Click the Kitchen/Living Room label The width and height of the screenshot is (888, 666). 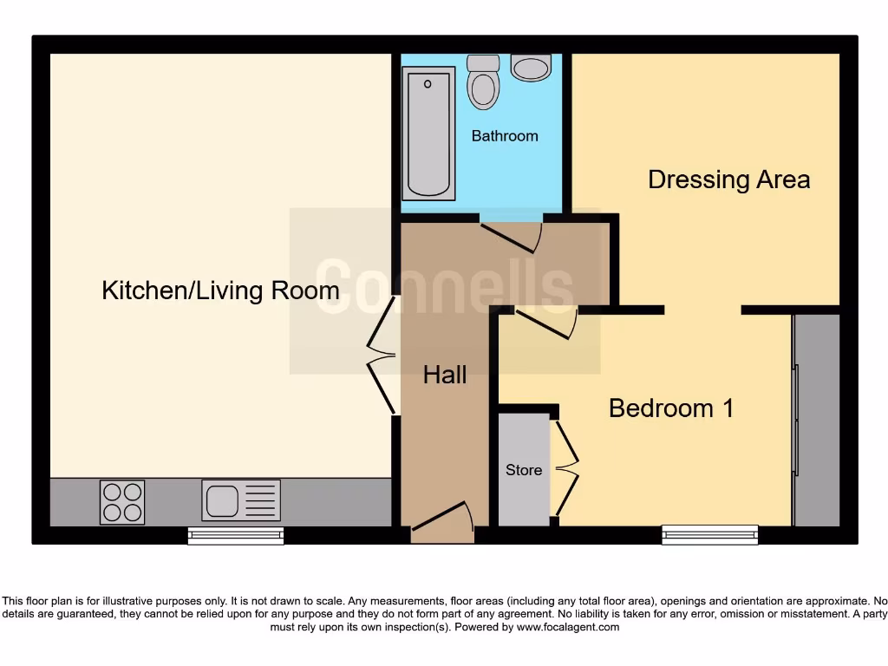(220, 290)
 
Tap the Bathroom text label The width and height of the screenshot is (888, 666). (504, 136)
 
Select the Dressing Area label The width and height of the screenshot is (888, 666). (728, 180)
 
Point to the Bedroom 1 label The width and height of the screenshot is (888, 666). (670, 408)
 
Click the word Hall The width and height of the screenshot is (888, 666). (444, 375)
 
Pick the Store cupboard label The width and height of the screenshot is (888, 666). (524, 470)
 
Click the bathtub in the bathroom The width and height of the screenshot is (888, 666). (428, 134)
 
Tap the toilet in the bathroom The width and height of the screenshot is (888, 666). (482, 82)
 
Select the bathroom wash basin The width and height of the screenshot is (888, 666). (531, 68)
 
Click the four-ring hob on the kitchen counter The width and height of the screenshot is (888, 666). (122, 502)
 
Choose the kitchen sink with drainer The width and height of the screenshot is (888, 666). (241, 500)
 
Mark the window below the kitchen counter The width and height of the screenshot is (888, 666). (236, 536)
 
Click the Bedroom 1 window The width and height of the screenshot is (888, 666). (709, 535)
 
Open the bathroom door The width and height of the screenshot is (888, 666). (513, 232)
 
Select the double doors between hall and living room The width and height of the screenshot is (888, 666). (382, 355)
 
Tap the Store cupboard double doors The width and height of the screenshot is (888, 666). (565, 469)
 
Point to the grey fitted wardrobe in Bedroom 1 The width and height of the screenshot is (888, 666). (817, 421)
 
